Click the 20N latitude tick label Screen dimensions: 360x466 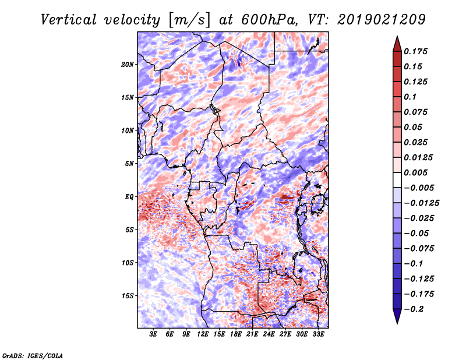(x=128, y=64)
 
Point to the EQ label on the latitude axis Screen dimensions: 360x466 (x=129, y=197)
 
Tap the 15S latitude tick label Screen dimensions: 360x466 (x=128, y=296)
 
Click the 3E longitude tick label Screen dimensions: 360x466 (x=154, y=334)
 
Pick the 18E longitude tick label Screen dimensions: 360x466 (x=236, y=334)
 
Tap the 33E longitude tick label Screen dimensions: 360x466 (x=318, y=334)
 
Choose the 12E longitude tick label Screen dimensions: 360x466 (x=203, y=334)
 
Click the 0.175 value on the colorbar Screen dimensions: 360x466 (x=417, y=51)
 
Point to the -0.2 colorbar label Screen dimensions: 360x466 (x=415, y=309)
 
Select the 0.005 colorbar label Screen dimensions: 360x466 (x=417, y=172)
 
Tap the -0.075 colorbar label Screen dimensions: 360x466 (x=419, y=248)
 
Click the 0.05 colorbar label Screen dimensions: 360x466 (x=414, y=127)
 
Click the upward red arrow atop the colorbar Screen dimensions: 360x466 (x=396, y=43)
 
